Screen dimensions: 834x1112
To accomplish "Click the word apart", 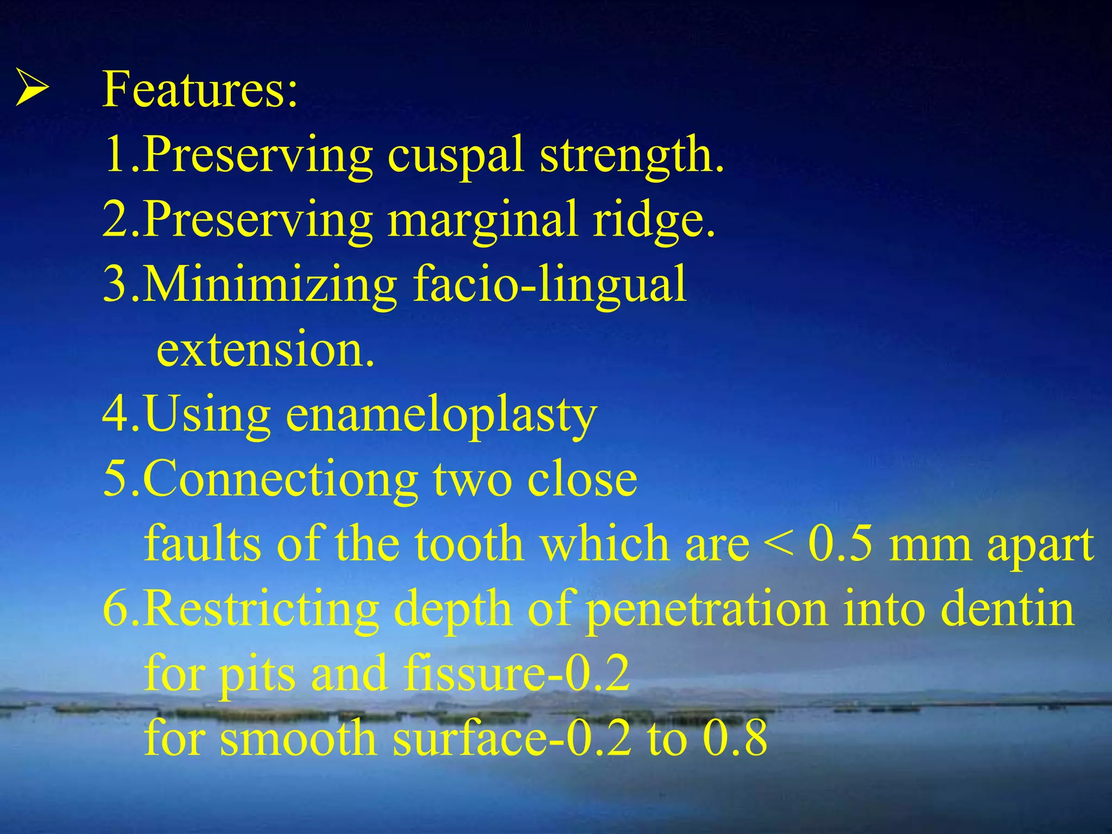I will [1040, 546].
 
